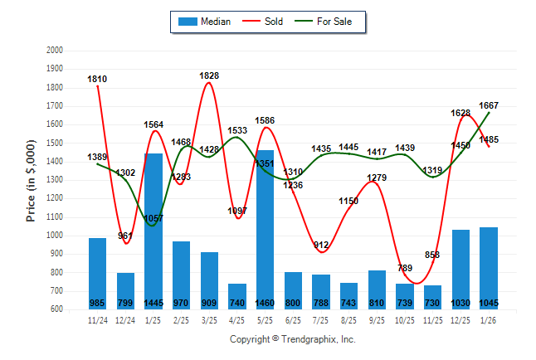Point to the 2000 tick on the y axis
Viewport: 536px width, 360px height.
(x=56, y=51)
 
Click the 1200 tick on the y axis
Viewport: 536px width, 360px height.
(x=56, y=198)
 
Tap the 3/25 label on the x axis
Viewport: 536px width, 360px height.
(x=209, y=319)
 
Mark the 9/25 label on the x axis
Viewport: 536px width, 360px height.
(x=377, y=319)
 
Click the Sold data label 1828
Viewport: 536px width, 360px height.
(x=209, y=75)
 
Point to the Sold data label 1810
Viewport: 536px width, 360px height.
(x=97, y=79)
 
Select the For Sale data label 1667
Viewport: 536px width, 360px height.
(x=489, y=105)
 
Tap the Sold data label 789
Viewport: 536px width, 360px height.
(x=404, y=268)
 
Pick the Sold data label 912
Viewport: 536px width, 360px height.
(x=321, y=245)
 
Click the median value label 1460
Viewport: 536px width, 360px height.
(x=265, y=304)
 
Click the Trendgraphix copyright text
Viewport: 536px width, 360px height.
(x=292, y=339)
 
